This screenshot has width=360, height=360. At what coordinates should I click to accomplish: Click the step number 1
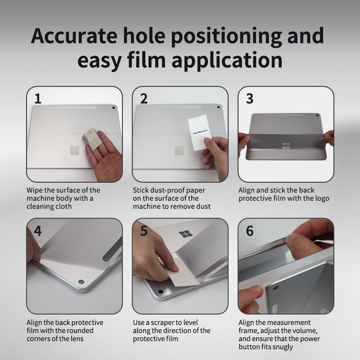tap(38, 99)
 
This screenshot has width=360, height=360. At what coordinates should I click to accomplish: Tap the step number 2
tap(144, 99)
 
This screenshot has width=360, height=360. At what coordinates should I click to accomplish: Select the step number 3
tap(250, 99)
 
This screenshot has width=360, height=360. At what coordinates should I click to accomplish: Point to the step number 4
tap(38, 231)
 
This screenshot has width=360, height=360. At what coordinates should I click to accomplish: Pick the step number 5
tap(144, 231)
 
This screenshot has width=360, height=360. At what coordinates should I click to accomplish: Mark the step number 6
tap(250, 231)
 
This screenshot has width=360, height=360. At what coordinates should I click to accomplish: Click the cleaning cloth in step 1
tap(91, 139)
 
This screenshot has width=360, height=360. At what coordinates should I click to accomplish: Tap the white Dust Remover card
tap(199, 132)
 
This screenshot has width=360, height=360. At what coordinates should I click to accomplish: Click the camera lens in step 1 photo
tap(114, 108)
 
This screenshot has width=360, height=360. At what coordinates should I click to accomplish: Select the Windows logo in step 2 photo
tap(179, 150)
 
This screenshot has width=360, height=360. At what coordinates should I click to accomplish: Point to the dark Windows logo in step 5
tap(186, 234)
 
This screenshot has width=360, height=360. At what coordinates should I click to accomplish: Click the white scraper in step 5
tap(182, 273)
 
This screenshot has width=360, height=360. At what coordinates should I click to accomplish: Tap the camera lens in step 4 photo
tap(81, 282)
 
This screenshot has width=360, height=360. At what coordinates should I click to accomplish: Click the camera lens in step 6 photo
tap(276, 288)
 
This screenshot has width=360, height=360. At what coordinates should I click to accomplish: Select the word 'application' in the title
tap(227, 61)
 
